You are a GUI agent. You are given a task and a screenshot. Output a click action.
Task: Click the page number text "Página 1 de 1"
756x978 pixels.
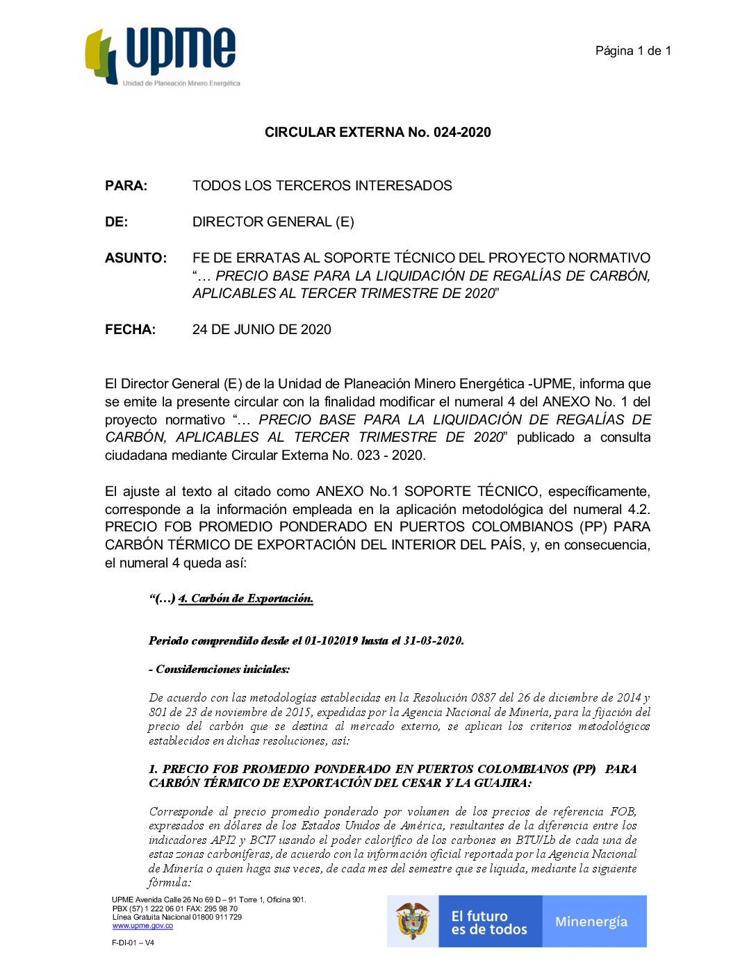coord(633,51)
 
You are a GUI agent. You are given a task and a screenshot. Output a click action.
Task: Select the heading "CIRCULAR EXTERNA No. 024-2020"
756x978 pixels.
coord(377,132)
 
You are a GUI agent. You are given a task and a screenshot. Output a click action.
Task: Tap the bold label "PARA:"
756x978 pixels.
coord(126,185)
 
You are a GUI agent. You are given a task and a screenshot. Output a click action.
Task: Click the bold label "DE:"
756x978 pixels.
coord(116,222)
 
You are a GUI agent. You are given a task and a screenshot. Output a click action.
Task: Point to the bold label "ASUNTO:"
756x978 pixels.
coord(135,258)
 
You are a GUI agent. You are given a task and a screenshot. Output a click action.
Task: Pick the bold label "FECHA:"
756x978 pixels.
coord(130,329)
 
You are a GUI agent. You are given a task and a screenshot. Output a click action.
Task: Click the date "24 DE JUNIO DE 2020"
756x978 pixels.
coord(261,329)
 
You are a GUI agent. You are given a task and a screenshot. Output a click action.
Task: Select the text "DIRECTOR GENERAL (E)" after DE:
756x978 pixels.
coord(273,222)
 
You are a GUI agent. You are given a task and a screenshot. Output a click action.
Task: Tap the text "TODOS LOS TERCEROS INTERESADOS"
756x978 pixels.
coord(322,185)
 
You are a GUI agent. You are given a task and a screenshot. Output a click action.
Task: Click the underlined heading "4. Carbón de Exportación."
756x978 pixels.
coord(245,599)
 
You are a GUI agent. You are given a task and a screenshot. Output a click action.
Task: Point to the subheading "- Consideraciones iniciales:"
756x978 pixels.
coord(219,670)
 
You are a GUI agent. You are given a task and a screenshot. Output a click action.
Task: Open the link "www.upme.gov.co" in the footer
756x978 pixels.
coord(142,926)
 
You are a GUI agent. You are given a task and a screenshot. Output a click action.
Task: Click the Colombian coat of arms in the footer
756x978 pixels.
coord(413,921)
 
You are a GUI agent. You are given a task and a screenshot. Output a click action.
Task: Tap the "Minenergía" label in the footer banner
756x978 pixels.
coord(591,922)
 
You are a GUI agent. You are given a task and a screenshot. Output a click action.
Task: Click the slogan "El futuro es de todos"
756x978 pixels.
coord(489,922)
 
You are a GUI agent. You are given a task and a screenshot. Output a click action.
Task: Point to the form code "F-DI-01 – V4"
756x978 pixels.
coord(133,943)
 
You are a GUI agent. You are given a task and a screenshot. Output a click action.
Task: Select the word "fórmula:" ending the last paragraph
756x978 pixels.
coord(169,883)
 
